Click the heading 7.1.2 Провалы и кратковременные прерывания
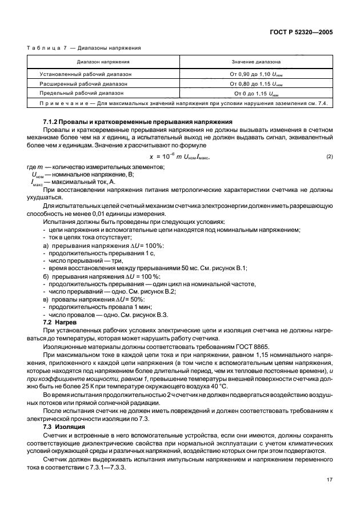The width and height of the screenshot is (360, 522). point(138,122)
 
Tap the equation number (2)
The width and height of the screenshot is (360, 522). point(329,156)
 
